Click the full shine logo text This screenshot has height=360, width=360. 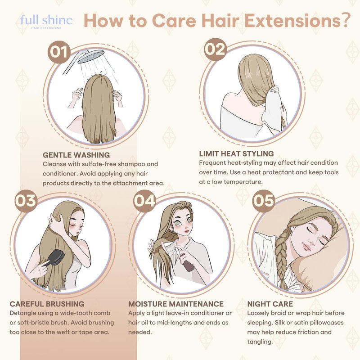(x=46, y=20)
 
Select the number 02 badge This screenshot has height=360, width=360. (x=216, y=49)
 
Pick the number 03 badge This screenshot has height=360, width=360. (x=26, y=201)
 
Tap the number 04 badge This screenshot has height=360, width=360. (x=144, y=201)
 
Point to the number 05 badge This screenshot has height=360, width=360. (x=263, y=201)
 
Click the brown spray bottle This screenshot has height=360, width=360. (x=188, y=264)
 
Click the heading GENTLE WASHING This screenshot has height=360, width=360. (x=76, y=155)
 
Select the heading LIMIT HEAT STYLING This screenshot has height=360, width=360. (x=237, y=153)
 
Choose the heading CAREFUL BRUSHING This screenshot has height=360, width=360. (x=47, y=304)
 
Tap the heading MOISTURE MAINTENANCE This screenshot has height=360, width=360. (x=176, y=304)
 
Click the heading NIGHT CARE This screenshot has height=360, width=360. (x=270, y=304)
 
